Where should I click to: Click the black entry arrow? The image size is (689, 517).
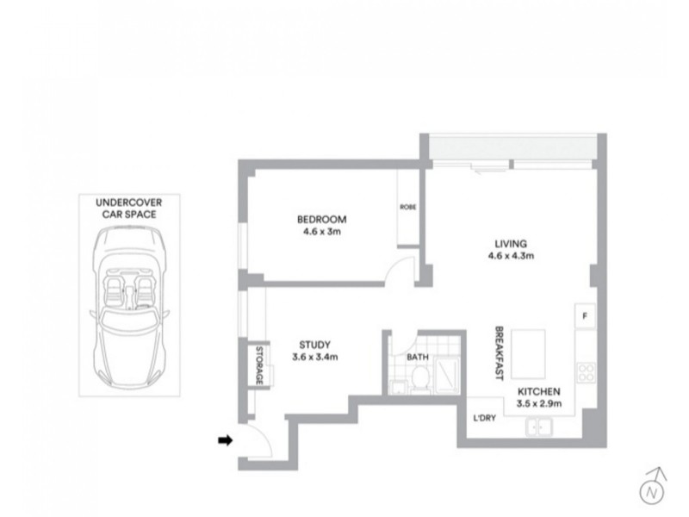[226, 440]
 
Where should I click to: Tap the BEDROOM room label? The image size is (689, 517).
[321, 219]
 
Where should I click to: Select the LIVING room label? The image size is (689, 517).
[511, 244]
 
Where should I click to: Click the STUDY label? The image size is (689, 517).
[314, 345]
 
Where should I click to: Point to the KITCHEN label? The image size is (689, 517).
[539, 391]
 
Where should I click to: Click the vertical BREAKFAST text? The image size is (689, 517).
[499, 353]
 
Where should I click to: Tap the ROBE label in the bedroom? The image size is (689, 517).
[407, 207]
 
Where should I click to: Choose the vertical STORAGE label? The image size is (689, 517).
[259, 364]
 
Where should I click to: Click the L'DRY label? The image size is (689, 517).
[484, 418]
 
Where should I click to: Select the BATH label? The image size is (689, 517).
[418, 357]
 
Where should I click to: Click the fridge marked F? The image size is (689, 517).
[586, 315]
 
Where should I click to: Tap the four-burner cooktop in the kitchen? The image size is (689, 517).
[587, 372]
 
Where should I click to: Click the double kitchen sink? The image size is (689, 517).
[539, 427]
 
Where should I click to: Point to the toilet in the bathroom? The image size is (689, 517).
[420, 379]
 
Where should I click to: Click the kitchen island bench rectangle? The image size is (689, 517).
[528, 354]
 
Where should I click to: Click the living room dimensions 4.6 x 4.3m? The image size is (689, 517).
[511, 255]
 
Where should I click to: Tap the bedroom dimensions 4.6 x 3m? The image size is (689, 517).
[321, 231]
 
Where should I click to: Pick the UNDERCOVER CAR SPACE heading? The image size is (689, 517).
[128, 209]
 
